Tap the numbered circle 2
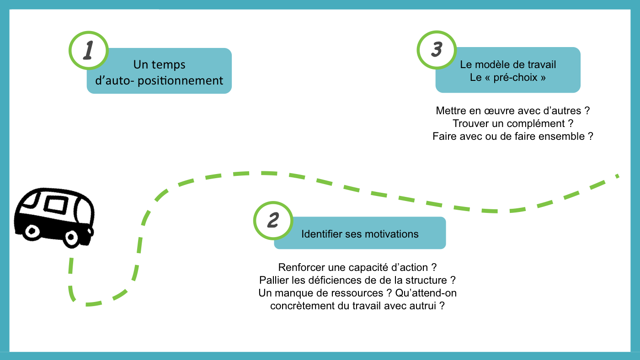point(273,220)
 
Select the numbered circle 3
point(437,50)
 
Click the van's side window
point(55,205)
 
